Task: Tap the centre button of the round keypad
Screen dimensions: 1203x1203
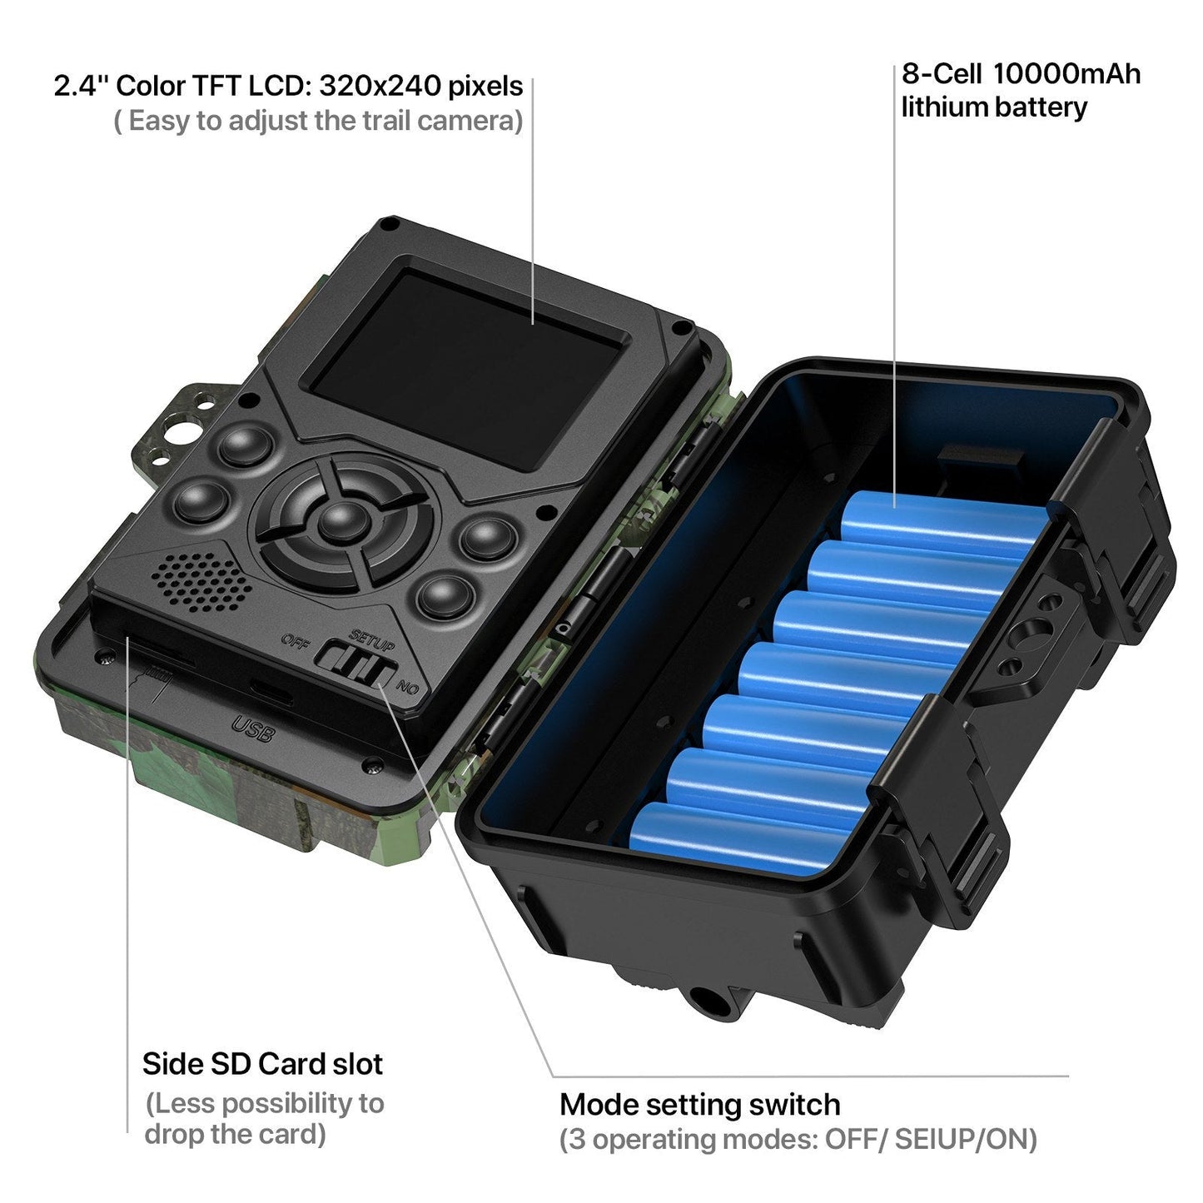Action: (341, 522)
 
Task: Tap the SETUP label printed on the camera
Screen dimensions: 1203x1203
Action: (372, 639)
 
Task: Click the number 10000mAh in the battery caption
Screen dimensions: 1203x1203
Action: (1066, 74)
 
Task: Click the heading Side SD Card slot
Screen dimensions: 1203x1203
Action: (262, 1064)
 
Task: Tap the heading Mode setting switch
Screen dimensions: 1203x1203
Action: (699, 1105)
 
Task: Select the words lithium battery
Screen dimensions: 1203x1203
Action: (994, 107)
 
